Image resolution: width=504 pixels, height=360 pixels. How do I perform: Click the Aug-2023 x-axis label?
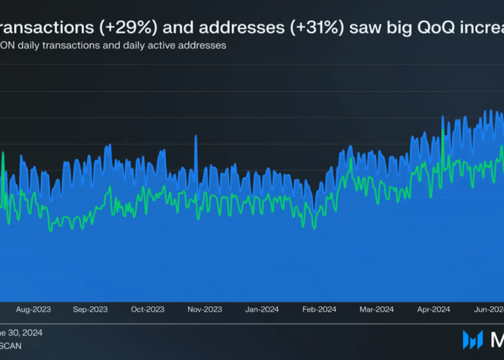coord(33,310)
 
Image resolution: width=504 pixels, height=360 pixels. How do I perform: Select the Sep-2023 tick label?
coord(90,310)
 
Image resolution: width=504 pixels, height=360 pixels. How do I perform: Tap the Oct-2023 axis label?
coord(147,310)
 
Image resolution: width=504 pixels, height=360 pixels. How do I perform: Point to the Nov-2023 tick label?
coord(204,310)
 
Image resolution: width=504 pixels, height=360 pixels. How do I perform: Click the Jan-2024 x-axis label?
coord(261,310)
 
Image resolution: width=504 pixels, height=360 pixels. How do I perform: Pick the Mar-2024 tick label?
coord(376,310)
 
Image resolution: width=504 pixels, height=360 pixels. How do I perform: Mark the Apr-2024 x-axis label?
coord(433,310)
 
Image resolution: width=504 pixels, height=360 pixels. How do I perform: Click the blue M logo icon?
coord(472,340)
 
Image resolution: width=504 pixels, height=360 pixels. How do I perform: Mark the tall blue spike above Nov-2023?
coord(196,138)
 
